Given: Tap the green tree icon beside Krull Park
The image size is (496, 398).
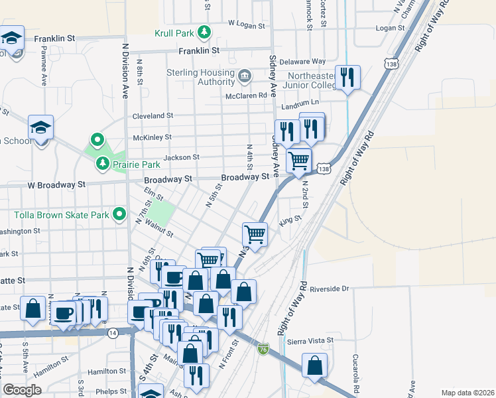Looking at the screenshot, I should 205,31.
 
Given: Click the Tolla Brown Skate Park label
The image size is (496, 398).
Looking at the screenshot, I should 62,215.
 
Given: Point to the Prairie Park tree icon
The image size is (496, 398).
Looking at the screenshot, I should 102,163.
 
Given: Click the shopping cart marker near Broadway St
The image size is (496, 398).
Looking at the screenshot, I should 298,160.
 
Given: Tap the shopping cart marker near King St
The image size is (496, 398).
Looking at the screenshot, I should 255,234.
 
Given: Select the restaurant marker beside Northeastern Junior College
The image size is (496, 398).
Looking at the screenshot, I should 347,78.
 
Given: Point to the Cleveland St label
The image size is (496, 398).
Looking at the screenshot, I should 153,115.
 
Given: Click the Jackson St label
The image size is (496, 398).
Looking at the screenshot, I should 181,157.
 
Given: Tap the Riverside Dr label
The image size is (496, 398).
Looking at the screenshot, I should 328,289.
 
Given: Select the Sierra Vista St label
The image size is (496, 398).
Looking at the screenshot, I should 310,340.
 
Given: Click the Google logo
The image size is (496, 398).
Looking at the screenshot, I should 22,390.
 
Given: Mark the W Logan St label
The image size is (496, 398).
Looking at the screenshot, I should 246,23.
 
